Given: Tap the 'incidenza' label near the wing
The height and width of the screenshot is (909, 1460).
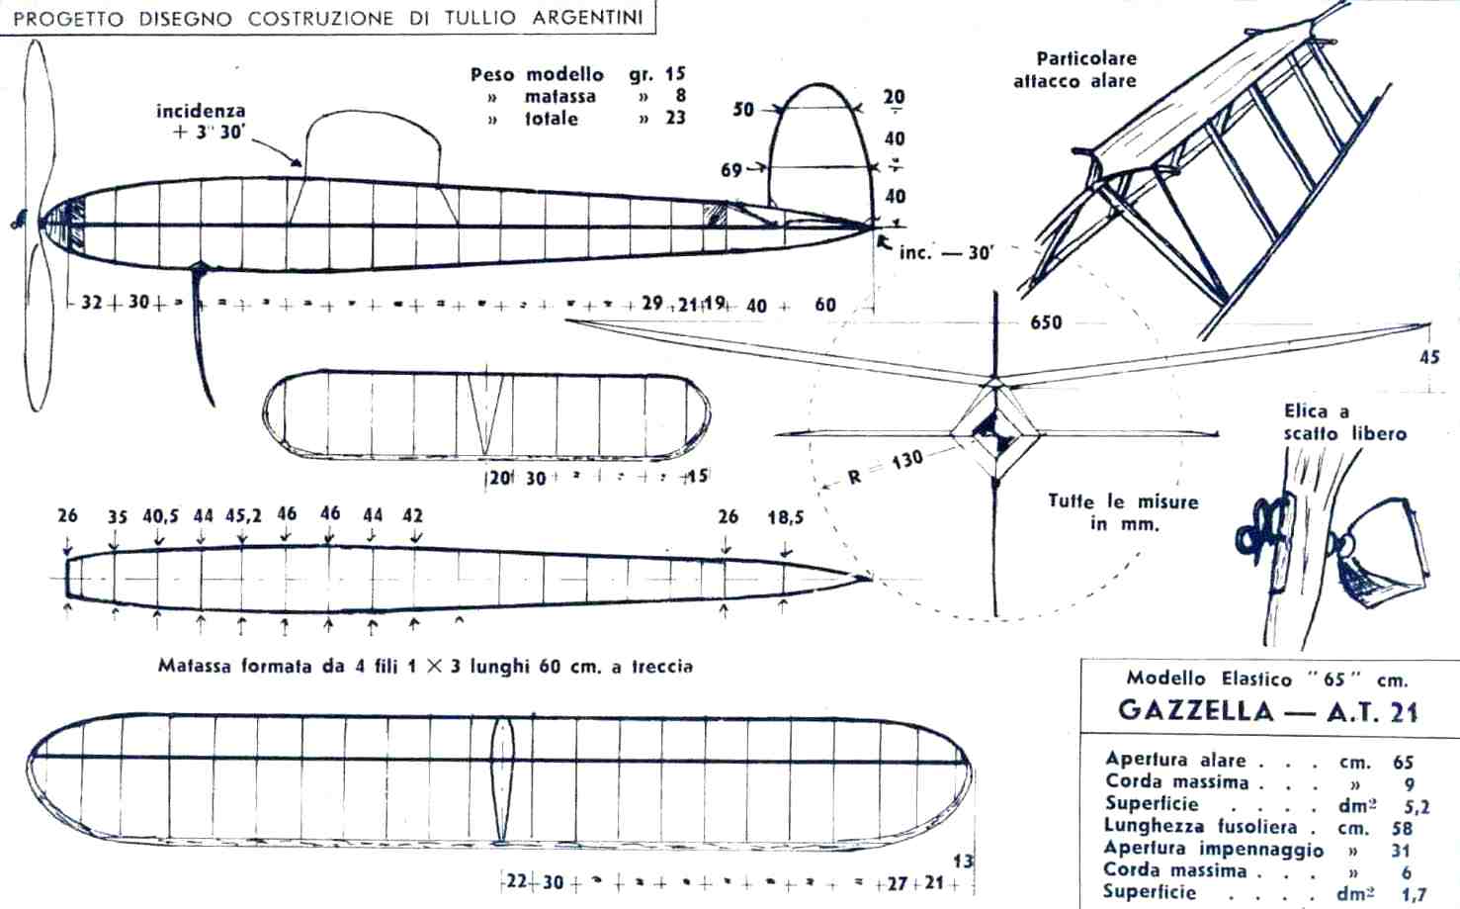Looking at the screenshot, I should [201, 111].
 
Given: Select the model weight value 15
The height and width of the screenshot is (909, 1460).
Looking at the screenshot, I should [674, 74].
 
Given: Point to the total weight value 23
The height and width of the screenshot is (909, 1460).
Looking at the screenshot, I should [674, 119].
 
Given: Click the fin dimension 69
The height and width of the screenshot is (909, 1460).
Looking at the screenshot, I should [731, 170].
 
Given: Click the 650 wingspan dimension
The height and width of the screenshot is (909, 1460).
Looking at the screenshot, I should [1045, 322].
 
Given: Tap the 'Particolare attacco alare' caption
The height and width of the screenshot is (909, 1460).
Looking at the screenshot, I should [1075, 70].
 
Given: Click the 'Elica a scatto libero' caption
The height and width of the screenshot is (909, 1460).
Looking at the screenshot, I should [1344, 422].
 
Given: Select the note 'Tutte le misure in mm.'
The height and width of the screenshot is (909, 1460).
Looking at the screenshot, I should [1123, 512].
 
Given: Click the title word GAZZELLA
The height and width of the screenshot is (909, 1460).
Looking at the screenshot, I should [1195, 712].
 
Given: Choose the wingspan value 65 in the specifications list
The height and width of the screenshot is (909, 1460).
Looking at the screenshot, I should [1404, 762].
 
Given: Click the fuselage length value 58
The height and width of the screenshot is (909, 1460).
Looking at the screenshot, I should [1402, 828].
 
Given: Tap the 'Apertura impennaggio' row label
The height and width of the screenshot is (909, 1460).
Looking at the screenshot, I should [1214, 850].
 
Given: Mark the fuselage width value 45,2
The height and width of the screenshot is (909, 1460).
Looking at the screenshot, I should [242, 515].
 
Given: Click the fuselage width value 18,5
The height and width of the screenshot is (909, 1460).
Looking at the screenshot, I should [786, 516].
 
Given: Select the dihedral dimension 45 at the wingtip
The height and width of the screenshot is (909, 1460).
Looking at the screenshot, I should [1429, 358].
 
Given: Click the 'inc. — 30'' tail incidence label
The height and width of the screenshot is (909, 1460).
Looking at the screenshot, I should [945, 252].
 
